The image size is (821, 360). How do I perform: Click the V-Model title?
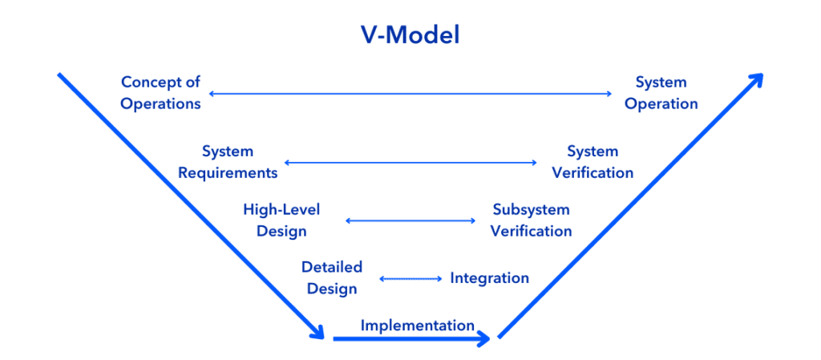(x=410, y=35)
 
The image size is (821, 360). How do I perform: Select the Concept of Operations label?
(x=160, y=93)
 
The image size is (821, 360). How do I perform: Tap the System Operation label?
(x=661, y=93)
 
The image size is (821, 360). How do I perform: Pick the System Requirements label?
(x=228, y=162)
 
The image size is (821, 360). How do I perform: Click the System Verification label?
(x=592, y=162)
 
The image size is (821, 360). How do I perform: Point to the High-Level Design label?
(x=281, y=220)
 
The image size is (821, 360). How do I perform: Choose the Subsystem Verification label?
(x=531, y=220)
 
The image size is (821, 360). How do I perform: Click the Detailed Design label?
(x=332, y=278)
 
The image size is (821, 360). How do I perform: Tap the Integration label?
(x=490, y=278)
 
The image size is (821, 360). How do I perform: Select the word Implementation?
(x=417, y=326)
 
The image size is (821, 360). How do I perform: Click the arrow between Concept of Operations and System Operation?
(x=410, y=94)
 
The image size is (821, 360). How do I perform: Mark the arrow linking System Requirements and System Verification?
(x=410, y=163)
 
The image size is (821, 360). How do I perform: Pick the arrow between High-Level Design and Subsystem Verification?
(x=410, y=220)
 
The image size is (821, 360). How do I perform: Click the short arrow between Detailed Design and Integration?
(x=410, y=279)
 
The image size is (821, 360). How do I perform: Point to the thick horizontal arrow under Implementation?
(x=411, y=339)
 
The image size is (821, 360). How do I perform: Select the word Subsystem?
(x=531, y=210)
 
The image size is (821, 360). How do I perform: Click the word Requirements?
(x=228, y=172)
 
